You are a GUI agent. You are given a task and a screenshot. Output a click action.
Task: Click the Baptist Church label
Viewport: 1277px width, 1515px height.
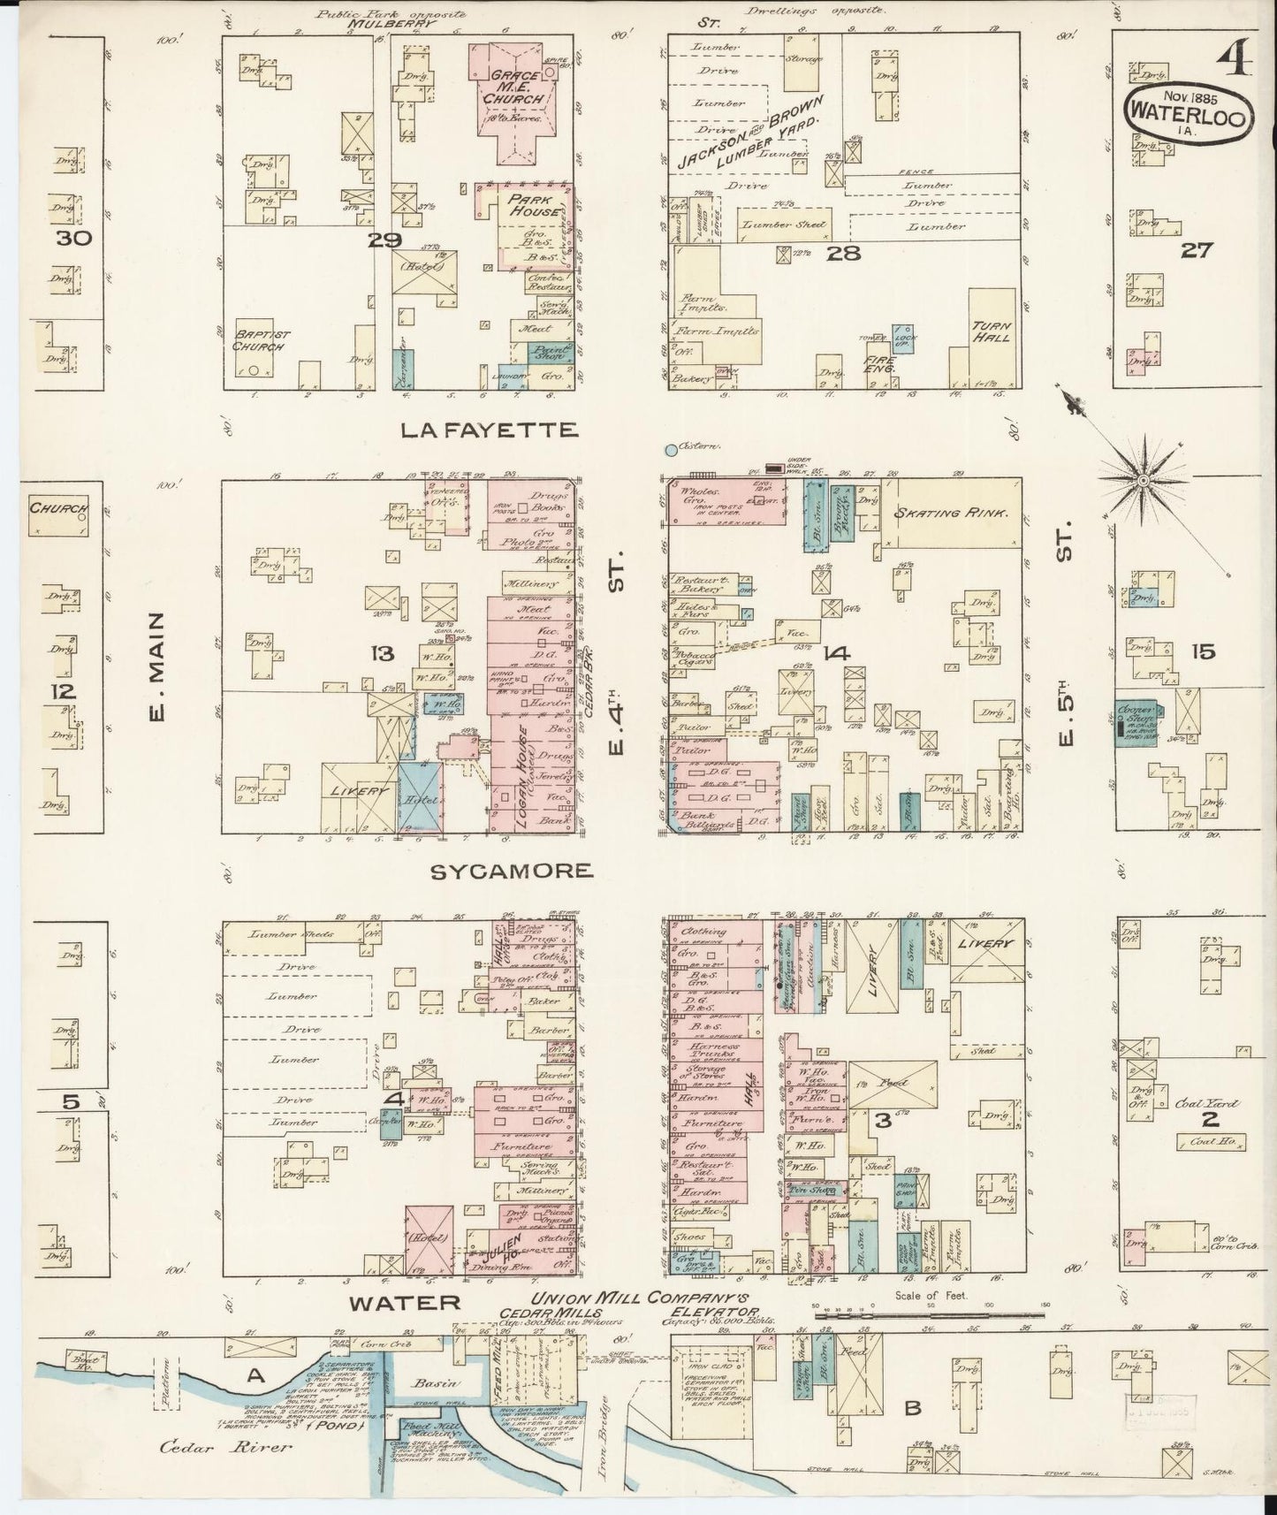pyautogui.click(x=258, y=341)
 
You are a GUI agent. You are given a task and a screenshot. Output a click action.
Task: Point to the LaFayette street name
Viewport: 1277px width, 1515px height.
pyautogui.click(x=489, y=430)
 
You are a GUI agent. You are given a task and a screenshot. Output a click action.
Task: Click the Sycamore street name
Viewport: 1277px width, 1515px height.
pyautogui.click(x=511, y=871)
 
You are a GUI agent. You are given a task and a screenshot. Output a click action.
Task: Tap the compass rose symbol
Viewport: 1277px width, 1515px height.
pyautogui.click(x=1144, y=480)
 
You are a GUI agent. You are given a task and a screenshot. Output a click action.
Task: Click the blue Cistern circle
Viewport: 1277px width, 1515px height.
pyautogui.click(x=671, y=450)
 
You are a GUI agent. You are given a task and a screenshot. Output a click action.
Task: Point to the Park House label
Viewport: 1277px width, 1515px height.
pyautogui.click(x=535, y=206)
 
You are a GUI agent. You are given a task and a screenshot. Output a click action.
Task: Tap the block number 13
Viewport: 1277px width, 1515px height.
pyautogui.click(x=382, y=653)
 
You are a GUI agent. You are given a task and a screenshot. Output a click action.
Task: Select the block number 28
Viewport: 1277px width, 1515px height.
pyautogui.click(x=837, y=255)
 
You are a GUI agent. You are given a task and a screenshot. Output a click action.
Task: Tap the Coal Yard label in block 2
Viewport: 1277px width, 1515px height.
pyautogui.click(x=1208, y=1104)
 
